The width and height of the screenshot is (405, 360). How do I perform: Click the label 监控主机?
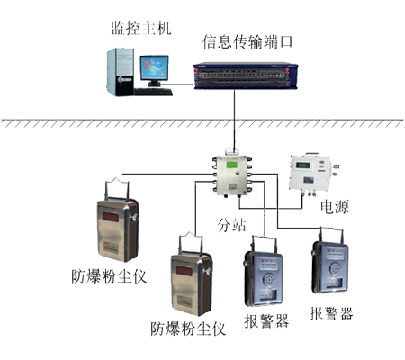pyautogui.click(x=141, y=28)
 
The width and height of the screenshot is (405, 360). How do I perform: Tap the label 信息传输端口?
pyautogui.click(x=247, y=42)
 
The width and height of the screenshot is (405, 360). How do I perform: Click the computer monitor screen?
pyautogui.click(x=154, y=67)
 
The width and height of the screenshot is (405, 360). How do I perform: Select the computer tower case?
pyautogui.click(x=121, y=72)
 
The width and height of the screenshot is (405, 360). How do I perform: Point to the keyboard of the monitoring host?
pyautogui.click(x=153, y=92)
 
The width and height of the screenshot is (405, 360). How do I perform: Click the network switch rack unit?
pyautogui.click(x=246, y=76)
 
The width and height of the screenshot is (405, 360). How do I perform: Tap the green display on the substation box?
pyautogui.click(x=231, y=165)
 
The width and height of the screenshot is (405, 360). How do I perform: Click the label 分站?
pyautogui.click(x=231, y=225)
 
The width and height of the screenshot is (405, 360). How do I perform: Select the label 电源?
pyautogui.click(x=335, y=207)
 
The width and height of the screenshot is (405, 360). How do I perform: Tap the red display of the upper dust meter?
pyautogui.click(x=111, y=217)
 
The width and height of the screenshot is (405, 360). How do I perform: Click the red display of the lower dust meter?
pyautogui.click(x=184, y=271)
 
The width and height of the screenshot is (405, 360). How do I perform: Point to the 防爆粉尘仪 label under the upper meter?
pyautogui.click(x=109, y=276)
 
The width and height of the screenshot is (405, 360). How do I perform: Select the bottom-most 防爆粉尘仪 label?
pyautogui.click(x=188, y=328)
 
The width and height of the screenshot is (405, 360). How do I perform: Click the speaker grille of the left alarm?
pyautogui.click(x=268, y=280)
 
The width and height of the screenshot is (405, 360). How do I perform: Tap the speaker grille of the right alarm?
pyautogui.click(x=335, y=268)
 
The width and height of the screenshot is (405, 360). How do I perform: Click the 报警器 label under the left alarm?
pyautogui.click(x=266, y=321)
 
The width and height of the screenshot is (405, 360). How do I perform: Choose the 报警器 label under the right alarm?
pyautogui.click(x=331, y=313)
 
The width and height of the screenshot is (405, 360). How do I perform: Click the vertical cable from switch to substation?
pyautogui.click(x=234, y=120)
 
